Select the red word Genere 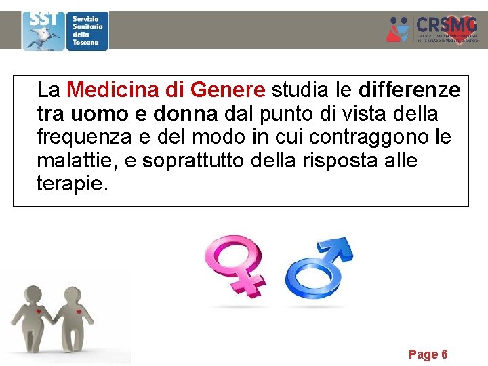tap(228, 89)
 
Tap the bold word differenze tap(409, 89)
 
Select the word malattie tap(71, 160)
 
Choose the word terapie tap(72, 183)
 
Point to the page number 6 tap(445, 354)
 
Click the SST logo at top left tap(43, 30)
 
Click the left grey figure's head tap(33, 296)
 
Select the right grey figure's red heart tap(79, 312)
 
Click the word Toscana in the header tap(86, 42)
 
